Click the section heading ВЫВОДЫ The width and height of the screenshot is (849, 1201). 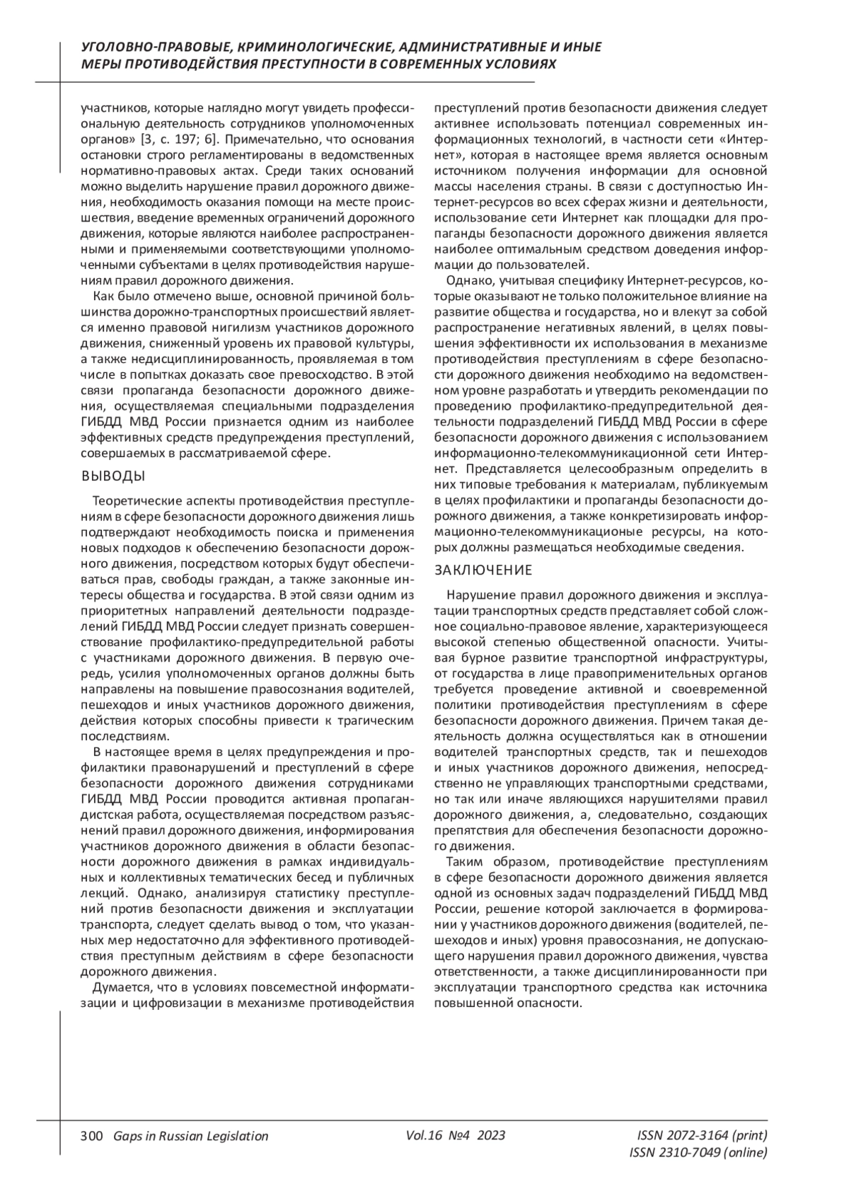113,475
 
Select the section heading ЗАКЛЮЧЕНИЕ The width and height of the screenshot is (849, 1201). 483,570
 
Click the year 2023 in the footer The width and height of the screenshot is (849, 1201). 491,1135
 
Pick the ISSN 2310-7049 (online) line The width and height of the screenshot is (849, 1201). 698,1153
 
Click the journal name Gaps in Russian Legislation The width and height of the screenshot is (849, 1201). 186,1136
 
